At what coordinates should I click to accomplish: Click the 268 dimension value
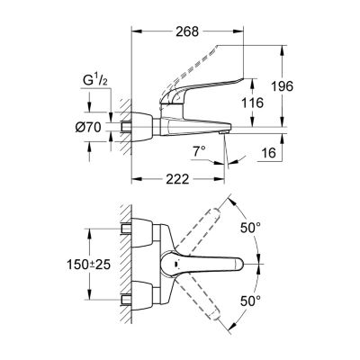(x=187, y=31)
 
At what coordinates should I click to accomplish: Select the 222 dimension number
(x=178, y=179)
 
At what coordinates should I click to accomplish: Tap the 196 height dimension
(x=282, y=86)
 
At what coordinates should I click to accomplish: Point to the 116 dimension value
(x=253, y=103)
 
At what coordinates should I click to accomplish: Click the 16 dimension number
(x=269, y=153)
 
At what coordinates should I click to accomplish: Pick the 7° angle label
(x=200, y=151)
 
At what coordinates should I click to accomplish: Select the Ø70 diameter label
(x=88, y=128)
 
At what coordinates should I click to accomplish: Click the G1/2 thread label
(x=94, y=81)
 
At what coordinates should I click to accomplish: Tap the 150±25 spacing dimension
(x=88, y=265)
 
